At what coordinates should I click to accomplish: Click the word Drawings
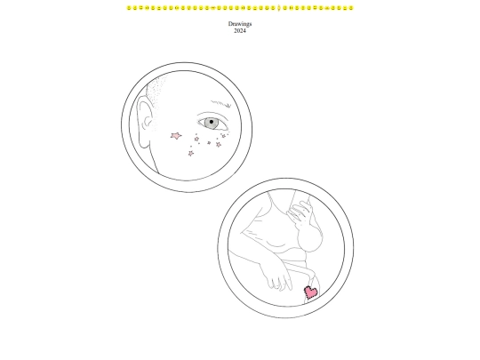(240, 24)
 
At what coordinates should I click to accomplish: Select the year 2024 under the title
(240, 30)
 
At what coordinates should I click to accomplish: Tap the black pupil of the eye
(212, 122)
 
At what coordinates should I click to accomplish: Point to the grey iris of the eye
(211, 123)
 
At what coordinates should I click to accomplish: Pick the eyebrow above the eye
(221, 103)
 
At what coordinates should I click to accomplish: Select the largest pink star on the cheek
(176, 136)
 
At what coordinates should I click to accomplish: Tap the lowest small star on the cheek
(191, 154)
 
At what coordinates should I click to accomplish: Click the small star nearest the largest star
(196, 140)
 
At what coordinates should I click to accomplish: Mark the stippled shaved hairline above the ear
(156, 92)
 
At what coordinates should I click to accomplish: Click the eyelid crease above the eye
(212, 115)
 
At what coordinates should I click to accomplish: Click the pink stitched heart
(311, 292)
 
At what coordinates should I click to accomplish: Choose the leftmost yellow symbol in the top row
(129, 8)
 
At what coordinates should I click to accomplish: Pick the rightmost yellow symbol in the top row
(351, 8)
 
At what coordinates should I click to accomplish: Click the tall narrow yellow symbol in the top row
(279, 8)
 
